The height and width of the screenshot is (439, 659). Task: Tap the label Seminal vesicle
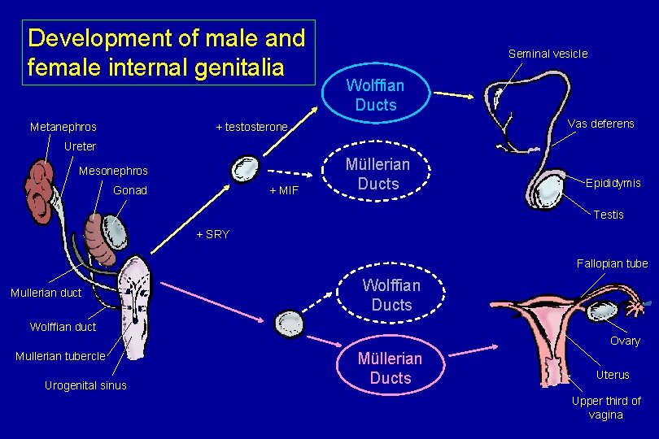548,54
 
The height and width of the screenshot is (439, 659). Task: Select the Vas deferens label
600,124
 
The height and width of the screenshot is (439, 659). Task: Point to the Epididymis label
613,184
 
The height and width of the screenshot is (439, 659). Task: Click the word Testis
609,215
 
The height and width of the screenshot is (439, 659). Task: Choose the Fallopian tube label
612,263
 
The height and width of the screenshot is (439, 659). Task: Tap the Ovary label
625,341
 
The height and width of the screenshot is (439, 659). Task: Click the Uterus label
613,375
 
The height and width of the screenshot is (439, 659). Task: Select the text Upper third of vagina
606,407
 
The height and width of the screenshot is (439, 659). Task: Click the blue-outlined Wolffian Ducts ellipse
375,95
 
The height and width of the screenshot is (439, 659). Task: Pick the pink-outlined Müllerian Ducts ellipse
391,368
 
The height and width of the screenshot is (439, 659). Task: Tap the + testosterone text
251,128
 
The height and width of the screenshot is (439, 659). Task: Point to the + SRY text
213,234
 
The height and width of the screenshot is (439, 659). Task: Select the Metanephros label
63,127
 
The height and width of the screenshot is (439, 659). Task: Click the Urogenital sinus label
85,385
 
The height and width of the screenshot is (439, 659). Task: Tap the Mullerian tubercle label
60,356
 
